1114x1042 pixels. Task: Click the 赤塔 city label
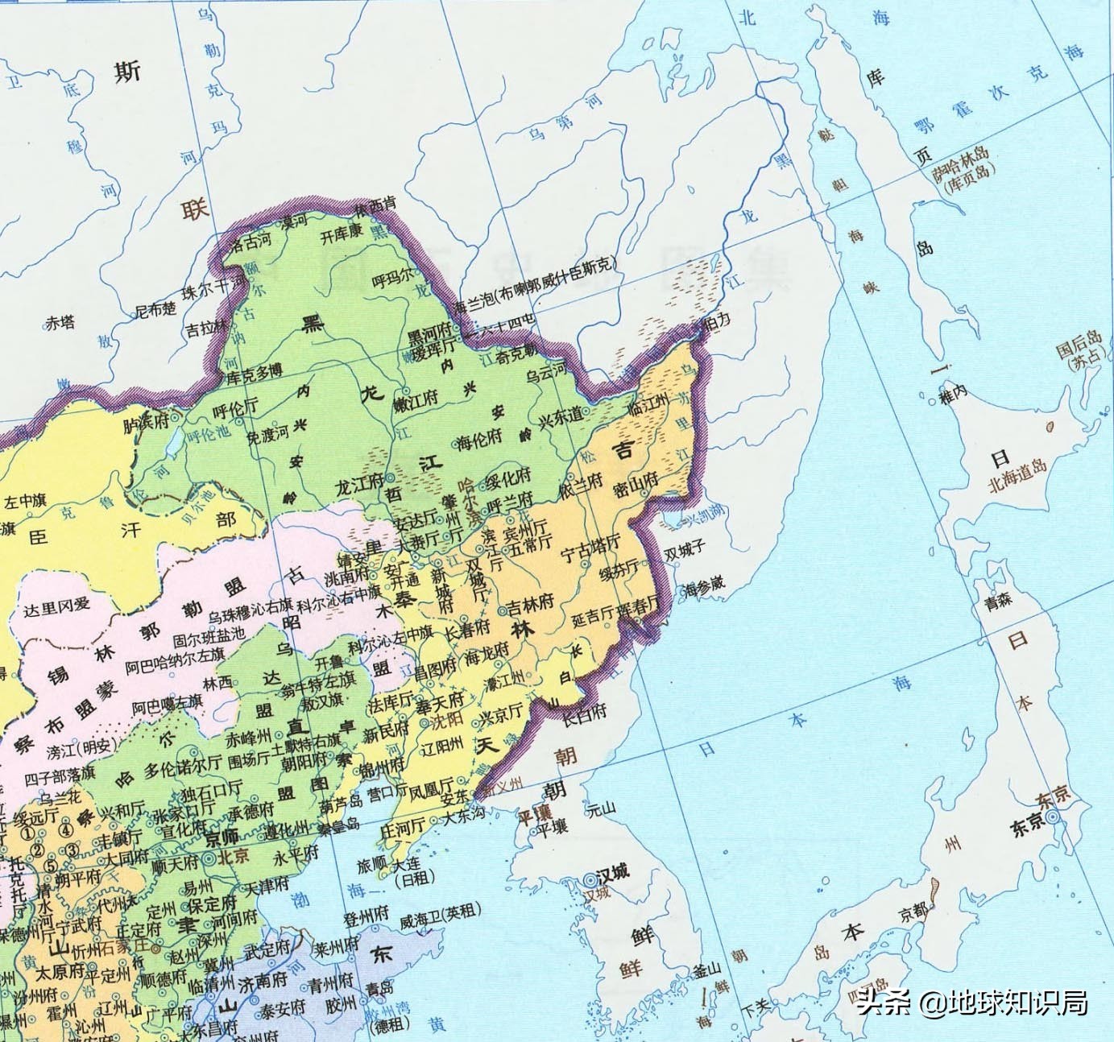point(60,323)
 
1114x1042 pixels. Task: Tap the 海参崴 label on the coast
point(704,587)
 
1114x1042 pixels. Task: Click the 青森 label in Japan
point(998,601)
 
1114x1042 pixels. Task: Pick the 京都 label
point(914,912)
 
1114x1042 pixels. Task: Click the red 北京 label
point(234,857)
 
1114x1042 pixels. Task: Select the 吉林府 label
point(530,602)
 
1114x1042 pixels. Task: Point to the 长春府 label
point(467,630)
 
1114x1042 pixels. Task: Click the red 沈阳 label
point(447,717)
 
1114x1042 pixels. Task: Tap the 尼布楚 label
point(154,308)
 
